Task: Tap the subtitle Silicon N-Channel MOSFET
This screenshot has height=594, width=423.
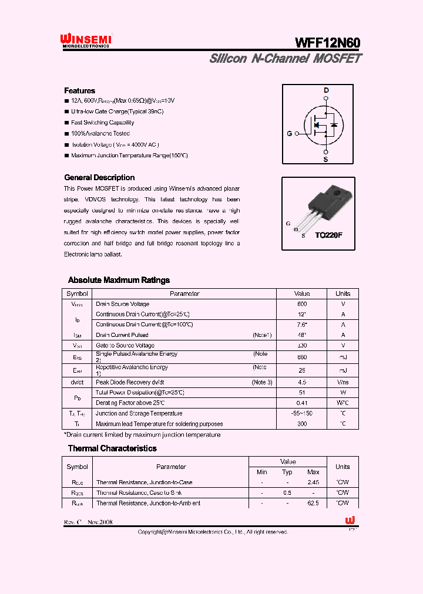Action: [286, 59]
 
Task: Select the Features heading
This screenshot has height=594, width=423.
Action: [79, 91]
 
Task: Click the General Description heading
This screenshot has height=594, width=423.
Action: [99, 177]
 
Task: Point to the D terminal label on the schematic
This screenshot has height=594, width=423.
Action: [326, 90]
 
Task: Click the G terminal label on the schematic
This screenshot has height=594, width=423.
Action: [290, 134]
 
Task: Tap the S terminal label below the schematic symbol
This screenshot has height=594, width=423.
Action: [326, 159]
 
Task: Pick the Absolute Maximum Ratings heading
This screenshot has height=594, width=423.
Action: [119, 280]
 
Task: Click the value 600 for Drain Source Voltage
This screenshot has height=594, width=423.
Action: [302, 304]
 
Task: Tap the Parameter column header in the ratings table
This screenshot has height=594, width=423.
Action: [185, 293]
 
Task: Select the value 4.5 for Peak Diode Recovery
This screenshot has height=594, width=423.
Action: [302, 382]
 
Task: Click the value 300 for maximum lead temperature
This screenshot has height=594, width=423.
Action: [302, 424]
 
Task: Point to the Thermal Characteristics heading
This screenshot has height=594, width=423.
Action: [112, 448]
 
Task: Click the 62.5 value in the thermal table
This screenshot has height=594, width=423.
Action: [313, 503]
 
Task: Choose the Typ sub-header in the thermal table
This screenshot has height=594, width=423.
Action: [287, 472]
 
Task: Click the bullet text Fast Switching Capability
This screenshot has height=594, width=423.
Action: [102, 123]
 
